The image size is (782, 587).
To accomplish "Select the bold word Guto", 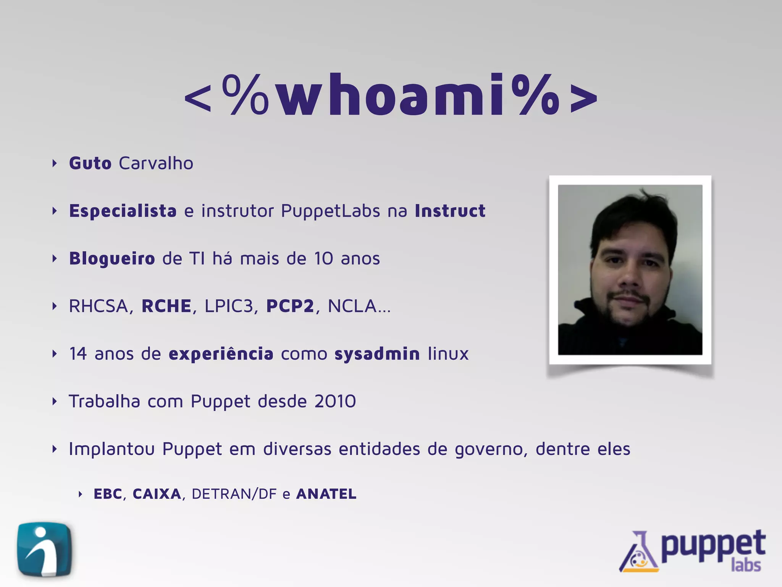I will coord(90,164).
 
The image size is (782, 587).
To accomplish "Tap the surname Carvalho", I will coord(156,164).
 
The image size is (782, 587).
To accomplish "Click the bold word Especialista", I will coord(123,211).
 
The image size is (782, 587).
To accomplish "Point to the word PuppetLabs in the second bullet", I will coord(331,211).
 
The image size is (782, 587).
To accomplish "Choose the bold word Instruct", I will coord(450,211).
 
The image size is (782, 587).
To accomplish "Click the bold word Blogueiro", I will coord(112,259).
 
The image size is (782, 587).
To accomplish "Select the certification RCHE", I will coord(166,306).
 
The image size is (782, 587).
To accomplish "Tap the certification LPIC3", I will coord(229,306).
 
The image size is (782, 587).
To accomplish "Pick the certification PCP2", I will coord(290,306).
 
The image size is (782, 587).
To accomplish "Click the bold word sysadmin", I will coord(377,354).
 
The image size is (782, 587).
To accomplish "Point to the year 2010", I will coord(335,401).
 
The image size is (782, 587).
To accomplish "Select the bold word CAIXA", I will coord(157,494).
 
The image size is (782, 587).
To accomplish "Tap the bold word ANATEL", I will coord(326,494).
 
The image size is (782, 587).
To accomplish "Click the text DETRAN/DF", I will coord(234,494).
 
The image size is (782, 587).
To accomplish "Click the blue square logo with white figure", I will coord(44,549).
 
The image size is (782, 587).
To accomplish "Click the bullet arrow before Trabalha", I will coord(55,402).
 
